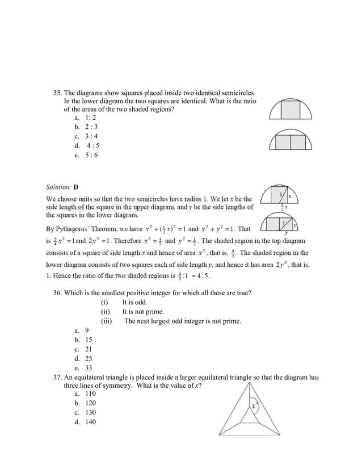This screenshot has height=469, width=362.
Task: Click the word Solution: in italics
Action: [x=58, y=187]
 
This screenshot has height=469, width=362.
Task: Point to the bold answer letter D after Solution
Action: [x=76, y=187]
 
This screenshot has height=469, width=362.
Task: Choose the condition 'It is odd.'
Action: [x=135, y=302]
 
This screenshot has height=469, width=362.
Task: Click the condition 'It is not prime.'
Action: [x=143, y=312]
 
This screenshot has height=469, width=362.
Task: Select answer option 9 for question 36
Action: [x=87, y=330]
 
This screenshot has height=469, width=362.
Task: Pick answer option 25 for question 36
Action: [x=89, y=358]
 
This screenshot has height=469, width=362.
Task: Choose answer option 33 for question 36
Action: [x=89, y=367]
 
